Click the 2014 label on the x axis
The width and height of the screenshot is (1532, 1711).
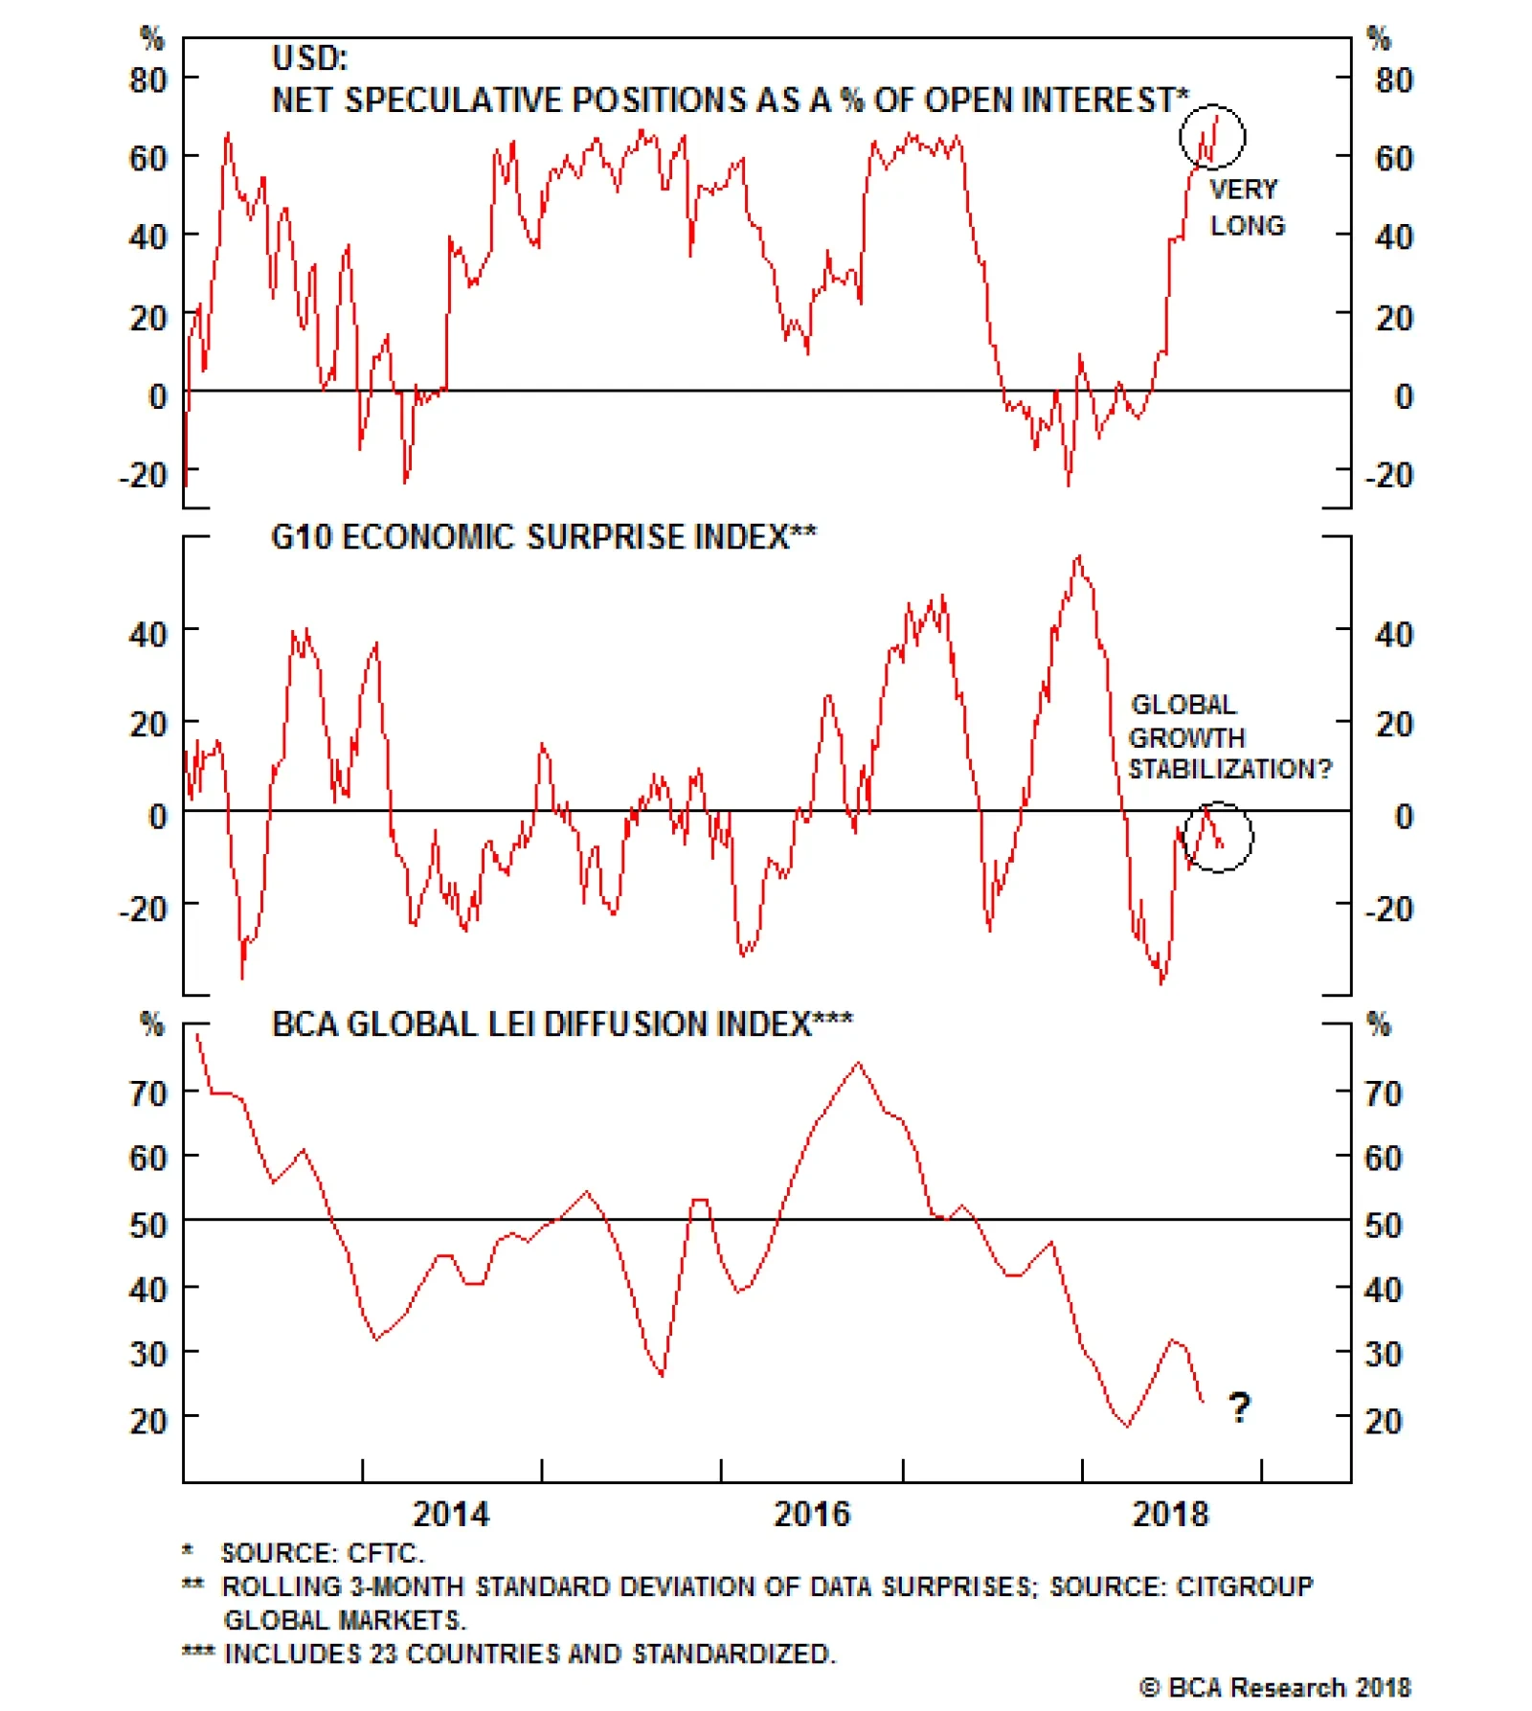click(450, 1514)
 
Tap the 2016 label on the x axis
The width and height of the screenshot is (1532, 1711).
click(811, 1514)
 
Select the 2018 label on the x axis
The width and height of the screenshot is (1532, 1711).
click(1169, 1514)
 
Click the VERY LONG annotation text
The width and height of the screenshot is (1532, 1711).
click(1246, 207)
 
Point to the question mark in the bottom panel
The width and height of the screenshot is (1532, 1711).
click(1239, 1407)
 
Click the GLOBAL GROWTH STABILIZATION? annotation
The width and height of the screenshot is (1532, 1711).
click(1228, 736)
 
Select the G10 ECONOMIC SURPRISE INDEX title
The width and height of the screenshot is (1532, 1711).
click(543, 537)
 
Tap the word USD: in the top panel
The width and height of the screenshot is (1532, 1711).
click(309, 58)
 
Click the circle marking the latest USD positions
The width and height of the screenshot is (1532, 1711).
click(1211, 137)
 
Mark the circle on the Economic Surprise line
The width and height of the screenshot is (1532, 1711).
click(1218, 837)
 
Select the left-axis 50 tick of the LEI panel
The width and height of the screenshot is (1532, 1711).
click(148, 1225)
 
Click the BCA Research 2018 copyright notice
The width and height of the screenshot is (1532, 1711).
click(1274, 1687)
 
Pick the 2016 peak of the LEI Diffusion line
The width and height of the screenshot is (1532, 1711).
click(858, 1063)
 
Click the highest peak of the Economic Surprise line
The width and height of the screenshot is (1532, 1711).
click(1079, 556)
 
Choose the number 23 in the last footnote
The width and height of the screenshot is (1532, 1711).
click(383, 1654)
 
